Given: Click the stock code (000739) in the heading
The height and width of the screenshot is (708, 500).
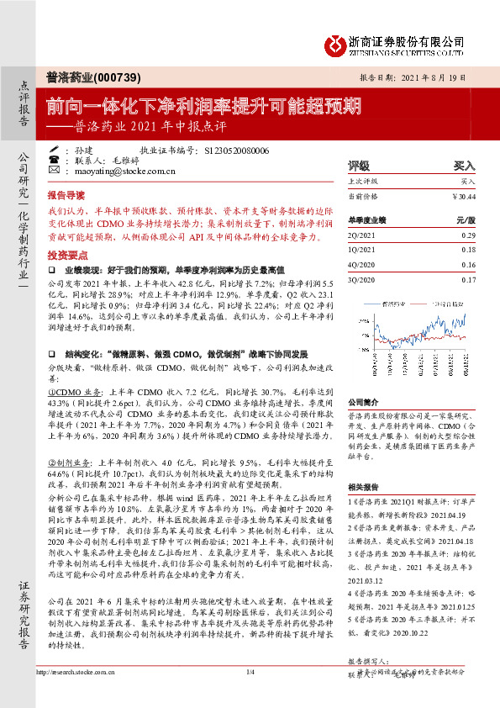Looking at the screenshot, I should coord(96,75).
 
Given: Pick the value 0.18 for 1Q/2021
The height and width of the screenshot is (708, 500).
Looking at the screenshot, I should coord(468,251).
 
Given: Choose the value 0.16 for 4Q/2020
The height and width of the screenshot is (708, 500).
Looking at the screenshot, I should coord(468,264).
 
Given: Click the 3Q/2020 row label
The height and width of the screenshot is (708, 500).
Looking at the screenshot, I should coord(362,278).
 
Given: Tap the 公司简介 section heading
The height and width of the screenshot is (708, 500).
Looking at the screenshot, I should coord(365,402).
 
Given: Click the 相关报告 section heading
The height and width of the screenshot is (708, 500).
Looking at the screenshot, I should coord(365,487).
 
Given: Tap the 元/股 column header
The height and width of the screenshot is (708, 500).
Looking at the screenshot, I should coord(466,220).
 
